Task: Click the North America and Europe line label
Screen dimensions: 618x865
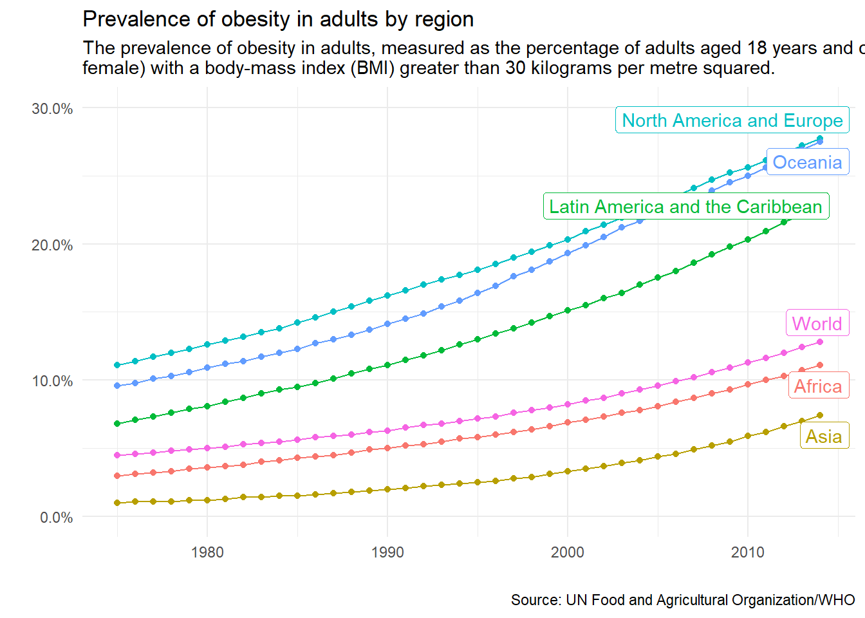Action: tap(732, 120)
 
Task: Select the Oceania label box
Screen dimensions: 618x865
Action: tap(807, 162)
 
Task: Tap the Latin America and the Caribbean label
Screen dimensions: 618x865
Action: tap(685, 207)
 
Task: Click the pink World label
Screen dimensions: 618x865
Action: tap(816, 323)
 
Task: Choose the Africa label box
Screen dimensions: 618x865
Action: tap(817, 386)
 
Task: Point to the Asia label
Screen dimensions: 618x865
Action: tap(824, 436)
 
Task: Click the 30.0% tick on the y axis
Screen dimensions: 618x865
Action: tap(52, 109)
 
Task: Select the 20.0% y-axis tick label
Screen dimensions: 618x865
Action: tap(52, 245)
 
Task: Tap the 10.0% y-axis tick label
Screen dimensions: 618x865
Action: tap(52, 381)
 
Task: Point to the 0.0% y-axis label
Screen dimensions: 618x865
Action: tap(56, 518)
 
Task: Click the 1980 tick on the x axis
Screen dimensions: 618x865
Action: tap(207, 552)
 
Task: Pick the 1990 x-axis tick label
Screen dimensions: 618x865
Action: tap(387, 552)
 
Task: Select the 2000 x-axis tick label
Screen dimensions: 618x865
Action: tap(568, 552)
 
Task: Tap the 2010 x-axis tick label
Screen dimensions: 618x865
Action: tap(748, 552)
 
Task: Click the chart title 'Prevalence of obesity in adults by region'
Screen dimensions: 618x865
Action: tap(278, 19)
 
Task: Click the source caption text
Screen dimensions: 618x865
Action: tap(682, 600)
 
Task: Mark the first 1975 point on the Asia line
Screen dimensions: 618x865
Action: tap(117, 503)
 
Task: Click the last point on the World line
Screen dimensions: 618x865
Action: tap(820, 342)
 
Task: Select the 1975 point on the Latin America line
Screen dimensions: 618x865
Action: tap(117, 424)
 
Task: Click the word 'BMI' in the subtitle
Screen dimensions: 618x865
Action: tap(372, 68)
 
